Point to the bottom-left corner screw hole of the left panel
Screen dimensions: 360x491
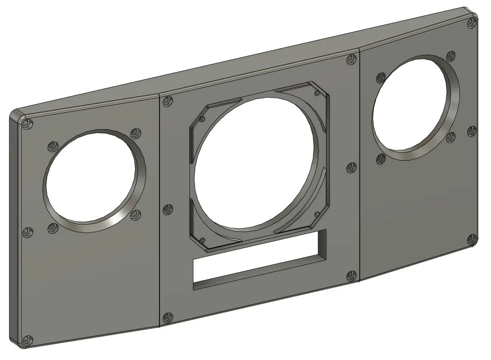click(28, 340)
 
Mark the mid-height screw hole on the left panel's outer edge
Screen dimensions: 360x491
click(27, 233)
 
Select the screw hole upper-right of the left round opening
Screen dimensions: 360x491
click(135, 133)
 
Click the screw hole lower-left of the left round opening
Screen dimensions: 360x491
click(52, 228)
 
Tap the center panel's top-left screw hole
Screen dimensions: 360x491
click(167, 101)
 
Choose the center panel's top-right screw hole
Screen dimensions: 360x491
click(351, 60)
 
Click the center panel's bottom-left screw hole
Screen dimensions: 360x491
click(167, 318)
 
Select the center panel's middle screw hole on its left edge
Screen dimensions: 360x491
click(167, 209)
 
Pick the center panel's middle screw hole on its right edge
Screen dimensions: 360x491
click(351, 168)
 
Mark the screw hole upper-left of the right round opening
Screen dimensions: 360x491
click(381, 77)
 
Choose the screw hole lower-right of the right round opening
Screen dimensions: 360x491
click(450, 137)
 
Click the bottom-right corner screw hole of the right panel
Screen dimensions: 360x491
click(471, 239)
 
